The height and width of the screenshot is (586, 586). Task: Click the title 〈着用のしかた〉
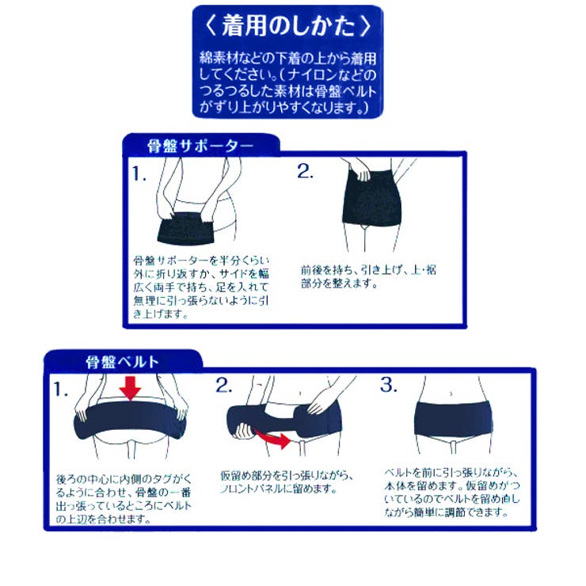(x=287, y=25)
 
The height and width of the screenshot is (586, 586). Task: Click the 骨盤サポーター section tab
(x=200, y=146)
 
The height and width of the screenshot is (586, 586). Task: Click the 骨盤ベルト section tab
(x=123, y=362)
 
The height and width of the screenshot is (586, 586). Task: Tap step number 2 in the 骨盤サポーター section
(x=306, y=172)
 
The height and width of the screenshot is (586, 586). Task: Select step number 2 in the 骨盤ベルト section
(x=224, y=386)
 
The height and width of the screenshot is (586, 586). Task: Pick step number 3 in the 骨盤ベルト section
(x=388, y=386)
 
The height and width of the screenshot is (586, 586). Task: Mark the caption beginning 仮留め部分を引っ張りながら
(x=286, y=482)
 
